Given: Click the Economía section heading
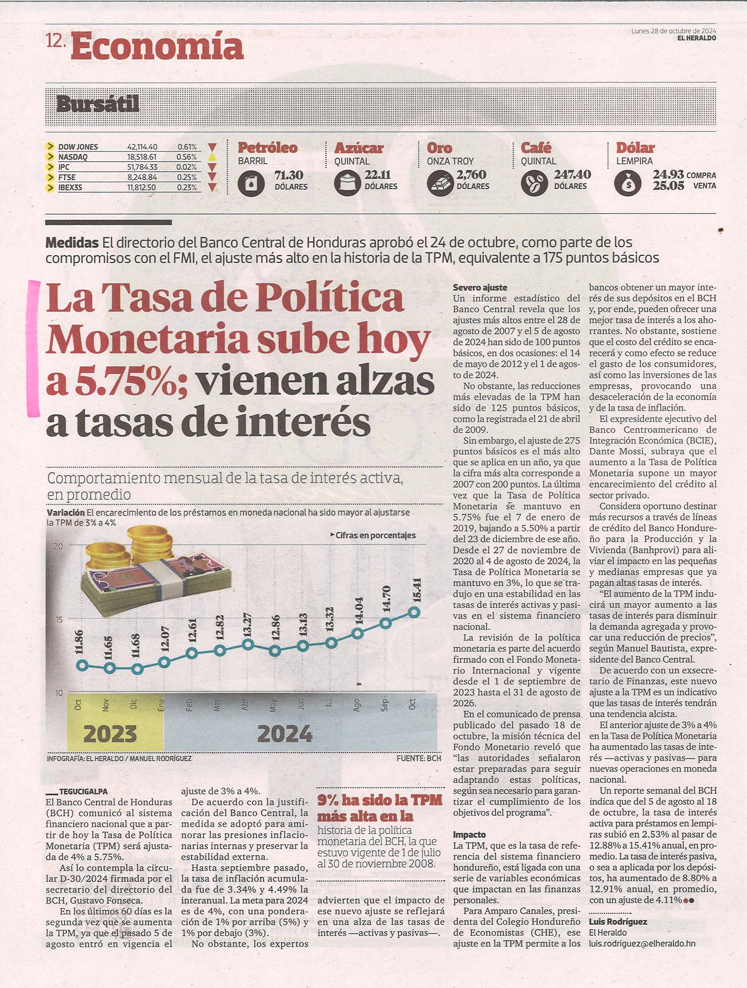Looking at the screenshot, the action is pos(157,46).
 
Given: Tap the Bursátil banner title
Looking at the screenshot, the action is pos(98,104).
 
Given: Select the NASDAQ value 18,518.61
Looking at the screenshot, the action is pos(142,157).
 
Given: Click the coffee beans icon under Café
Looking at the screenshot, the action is pos(534,183).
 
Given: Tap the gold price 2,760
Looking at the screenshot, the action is pos(471,175).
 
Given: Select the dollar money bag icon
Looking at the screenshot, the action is pos(628,183).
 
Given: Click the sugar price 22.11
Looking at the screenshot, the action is pos(378,175).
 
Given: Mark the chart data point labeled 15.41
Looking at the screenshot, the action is pos(414,612).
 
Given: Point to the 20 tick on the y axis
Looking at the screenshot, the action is pos(58,546).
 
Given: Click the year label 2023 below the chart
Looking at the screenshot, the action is pos(110,734).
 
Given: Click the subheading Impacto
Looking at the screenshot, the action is pos(469,835).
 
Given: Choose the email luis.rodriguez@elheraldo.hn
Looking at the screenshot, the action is pos(642,943).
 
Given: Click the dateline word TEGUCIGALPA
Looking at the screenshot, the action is pos(83,791).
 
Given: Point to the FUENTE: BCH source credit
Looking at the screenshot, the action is pos(419,759).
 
